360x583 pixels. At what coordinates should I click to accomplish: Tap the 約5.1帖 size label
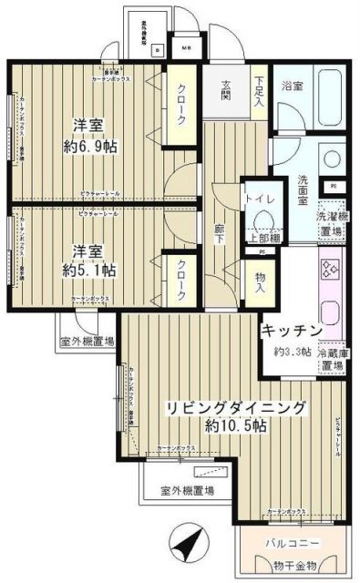(x=89, y=270)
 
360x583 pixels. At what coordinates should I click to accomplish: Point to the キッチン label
(x=293, y=330)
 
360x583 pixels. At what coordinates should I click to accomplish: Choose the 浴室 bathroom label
(x=292, y=87)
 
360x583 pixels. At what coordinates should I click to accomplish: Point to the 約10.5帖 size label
(x=235, y=426)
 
